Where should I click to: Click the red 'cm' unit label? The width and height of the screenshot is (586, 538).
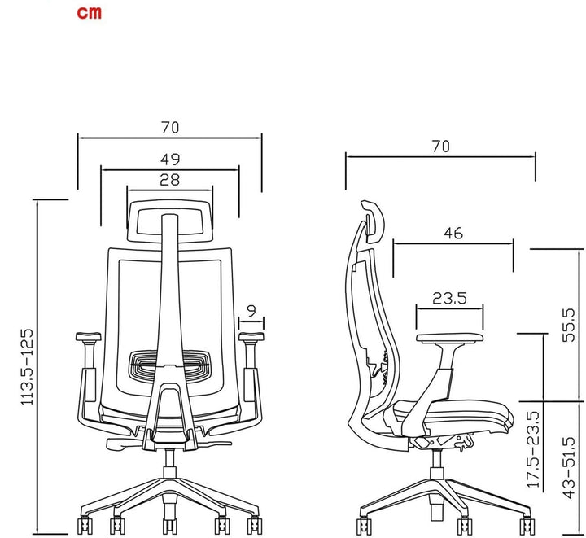[x=89, y=12]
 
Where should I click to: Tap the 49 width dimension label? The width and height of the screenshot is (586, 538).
[x=170, y=160]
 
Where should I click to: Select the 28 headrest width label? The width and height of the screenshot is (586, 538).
[x=169, y=180]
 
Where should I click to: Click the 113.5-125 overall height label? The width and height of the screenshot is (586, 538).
[x=27, y=366]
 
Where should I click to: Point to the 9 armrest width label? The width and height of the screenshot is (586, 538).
[x=251, y=310]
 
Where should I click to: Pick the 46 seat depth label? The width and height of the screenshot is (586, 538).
[x=453, y=234]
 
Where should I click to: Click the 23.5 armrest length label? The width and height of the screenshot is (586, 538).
[x=449, y=298]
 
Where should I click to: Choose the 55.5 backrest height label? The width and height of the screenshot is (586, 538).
[x=569, y=325]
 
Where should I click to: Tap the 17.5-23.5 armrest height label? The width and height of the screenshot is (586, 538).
[x=533, y=449]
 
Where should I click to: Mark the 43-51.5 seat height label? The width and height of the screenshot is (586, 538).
[x=569, y=468]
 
